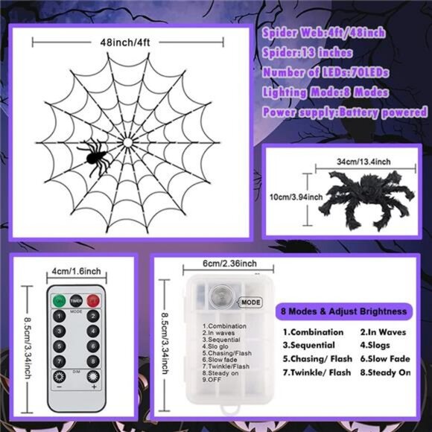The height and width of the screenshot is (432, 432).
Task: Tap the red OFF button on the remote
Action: pos(93,300)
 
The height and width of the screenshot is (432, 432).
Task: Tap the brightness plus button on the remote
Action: pos(93,376)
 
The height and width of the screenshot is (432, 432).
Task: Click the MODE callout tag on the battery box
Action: pos(250,302)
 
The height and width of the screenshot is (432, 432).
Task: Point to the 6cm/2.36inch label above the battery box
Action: pos(229,263)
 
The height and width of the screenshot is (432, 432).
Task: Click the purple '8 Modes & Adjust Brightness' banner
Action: pos(345,311)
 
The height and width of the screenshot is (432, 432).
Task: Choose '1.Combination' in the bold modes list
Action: pos(313,332)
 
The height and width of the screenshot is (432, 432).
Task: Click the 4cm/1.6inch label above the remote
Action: pos(77,272)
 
